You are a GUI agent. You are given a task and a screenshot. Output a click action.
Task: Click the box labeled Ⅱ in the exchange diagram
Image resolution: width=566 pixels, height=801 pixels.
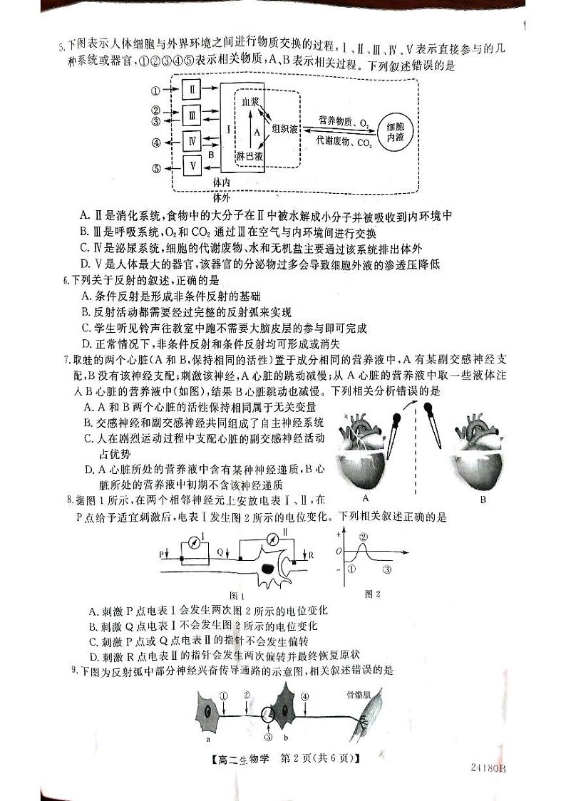click(x=192, y=90)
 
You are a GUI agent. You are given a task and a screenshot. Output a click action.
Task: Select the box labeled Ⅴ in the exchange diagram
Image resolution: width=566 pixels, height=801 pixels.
click(x=192, y=166)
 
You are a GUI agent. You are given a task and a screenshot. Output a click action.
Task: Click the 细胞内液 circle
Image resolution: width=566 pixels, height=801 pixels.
click(x=393, y=133)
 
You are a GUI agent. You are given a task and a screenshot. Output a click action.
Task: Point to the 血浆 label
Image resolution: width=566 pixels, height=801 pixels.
click(x=249, y=103)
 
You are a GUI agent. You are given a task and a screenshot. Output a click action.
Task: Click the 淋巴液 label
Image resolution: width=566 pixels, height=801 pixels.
click(x=249, y=156)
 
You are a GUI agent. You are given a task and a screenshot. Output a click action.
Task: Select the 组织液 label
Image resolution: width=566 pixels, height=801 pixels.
click(x=285, y=130)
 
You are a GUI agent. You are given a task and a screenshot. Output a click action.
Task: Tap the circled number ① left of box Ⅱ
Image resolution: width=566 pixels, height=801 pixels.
click(x=156, y=91)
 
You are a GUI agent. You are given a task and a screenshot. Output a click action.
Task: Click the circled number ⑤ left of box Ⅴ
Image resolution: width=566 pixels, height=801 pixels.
click(x=156, y=169)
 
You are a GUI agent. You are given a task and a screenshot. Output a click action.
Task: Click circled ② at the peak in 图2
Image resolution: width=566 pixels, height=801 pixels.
click(x=363, y=536)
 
